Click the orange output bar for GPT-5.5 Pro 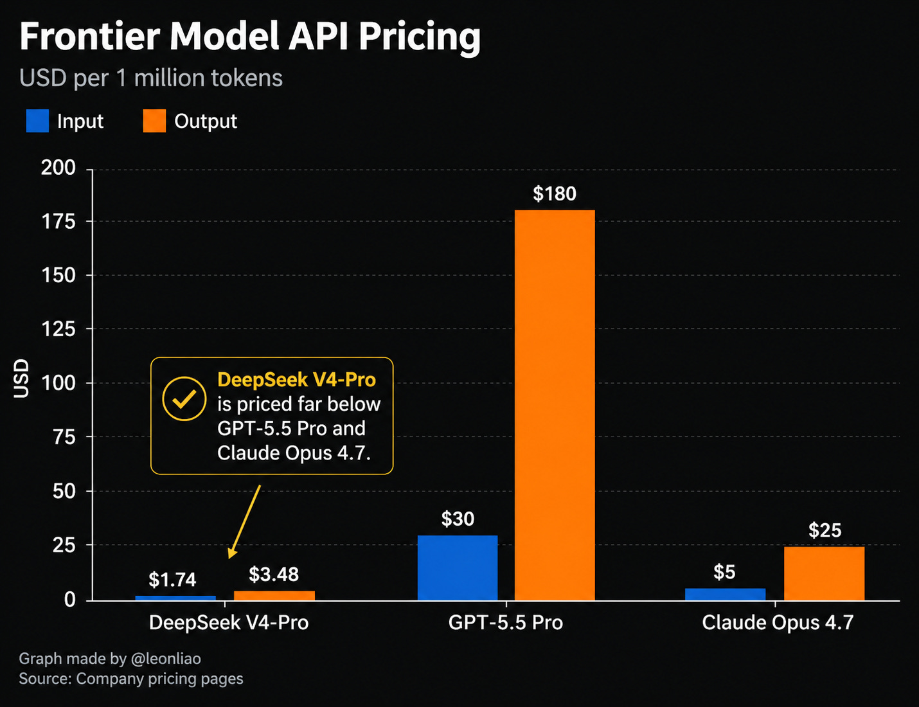tap(555, 405)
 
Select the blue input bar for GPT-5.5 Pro tap(457, 568)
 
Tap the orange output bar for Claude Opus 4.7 tap(824, 573)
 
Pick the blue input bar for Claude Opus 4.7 tap(725, 594)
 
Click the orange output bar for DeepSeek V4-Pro tap(274, 595)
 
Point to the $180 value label tap(555, 193)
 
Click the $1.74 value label tap(172, 579)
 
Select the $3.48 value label tap(274, 574)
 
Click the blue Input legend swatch tap(37, 121)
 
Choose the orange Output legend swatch tap(154, 121)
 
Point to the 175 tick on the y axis tap(58, 221)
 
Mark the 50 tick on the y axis tap(64, 491)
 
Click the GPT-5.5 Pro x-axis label tap(505, 622)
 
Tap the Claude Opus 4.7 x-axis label tap(778, 622)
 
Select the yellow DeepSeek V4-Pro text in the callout tap(296, 380)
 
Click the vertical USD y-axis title tap(21, 379)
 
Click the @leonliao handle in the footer tap(166, 659)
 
